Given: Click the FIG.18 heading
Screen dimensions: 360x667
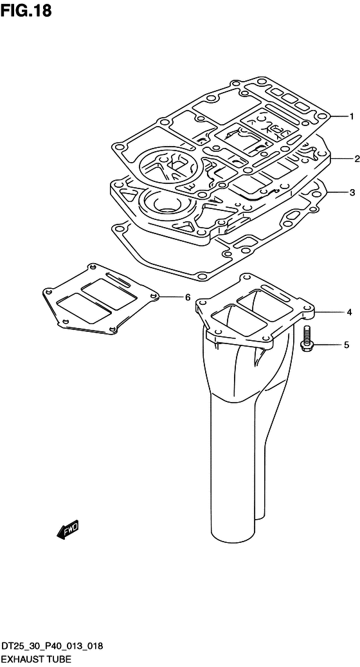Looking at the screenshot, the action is tap(26, 11).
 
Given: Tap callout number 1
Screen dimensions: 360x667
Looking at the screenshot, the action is tap(352, 116).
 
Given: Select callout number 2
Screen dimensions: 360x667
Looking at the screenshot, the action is tap(357, 159).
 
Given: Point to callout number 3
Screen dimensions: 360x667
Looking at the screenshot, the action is tap(352, 193).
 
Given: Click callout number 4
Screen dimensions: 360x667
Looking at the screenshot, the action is tap(349, 313).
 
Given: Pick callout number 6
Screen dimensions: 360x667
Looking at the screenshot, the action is tap(188, 297).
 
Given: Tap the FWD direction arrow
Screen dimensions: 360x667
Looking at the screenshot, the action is tap(67, 529).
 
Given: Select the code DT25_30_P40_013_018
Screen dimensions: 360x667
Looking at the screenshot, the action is tap(51, 647).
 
